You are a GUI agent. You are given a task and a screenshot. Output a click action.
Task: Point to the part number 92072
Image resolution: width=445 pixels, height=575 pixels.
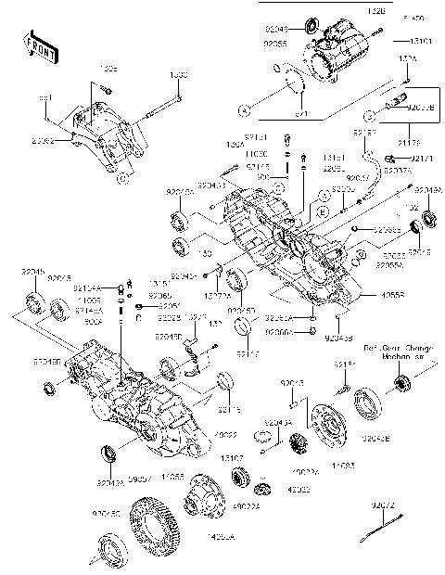pos(384,505)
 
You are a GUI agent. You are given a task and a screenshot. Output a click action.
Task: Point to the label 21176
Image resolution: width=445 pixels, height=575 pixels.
pos(407,141)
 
